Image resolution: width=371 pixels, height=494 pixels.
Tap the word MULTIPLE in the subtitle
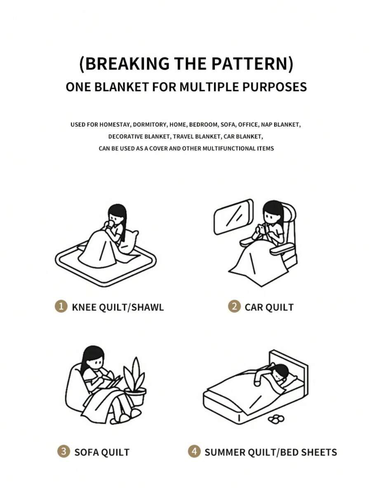pyautogui.click(x=209, y=87)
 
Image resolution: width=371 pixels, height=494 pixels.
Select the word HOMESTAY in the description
pyautogui.click(x=115, y=125)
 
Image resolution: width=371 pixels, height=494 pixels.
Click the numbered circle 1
pyautogui.click(x=61, y=306)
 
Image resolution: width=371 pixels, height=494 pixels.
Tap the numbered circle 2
pyautogui.click(x=234, y=306)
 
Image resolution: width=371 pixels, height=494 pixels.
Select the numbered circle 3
pyautogui.click(x=63, y=452)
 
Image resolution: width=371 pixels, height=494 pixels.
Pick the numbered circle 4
pyautogui.click(x=194, y=452)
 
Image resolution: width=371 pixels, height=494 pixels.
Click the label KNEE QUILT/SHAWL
pyautogui.click(x=118, y=307)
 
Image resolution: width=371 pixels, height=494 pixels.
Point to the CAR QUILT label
pyautogui.click(x=269, y=307)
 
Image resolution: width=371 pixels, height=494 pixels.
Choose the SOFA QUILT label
pyautogui.click(x=102, y=452)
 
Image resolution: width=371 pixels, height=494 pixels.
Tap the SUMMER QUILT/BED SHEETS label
pyautogui.click(x=270, y=452)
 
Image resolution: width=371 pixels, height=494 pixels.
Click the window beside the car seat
pyautogui.click(x=233, y=217)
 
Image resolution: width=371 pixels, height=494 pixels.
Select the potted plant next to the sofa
pyautogui.click(x=135, y=383)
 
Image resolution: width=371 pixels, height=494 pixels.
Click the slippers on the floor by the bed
pyautogui.click(x=276, y=419)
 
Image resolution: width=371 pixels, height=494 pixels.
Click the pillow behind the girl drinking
pyautogui.click(x=130, y=242)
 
